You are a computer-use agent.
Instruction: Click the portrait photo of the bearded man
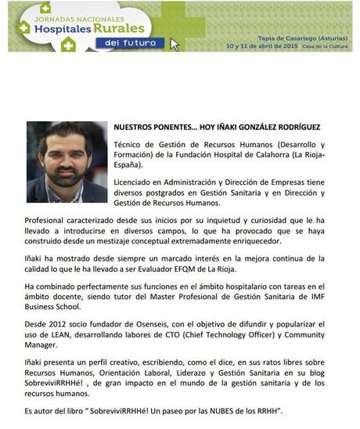tap(66, 162)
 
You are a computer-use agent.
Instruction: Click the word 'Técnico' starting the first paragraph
tap(130, 145)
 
